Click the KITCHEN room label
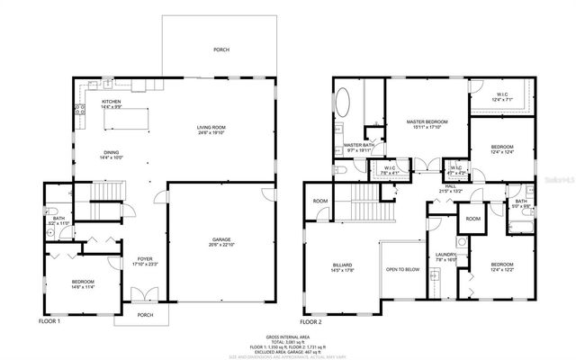pos(112,102)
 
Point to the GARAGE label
pos(220,240)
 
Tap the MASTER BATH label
pos(358,146)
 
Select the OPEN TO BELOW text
pos(402,269)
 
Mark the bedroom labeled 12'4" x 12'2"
pos(503,265)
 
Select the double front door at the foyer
pos(139,295)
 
